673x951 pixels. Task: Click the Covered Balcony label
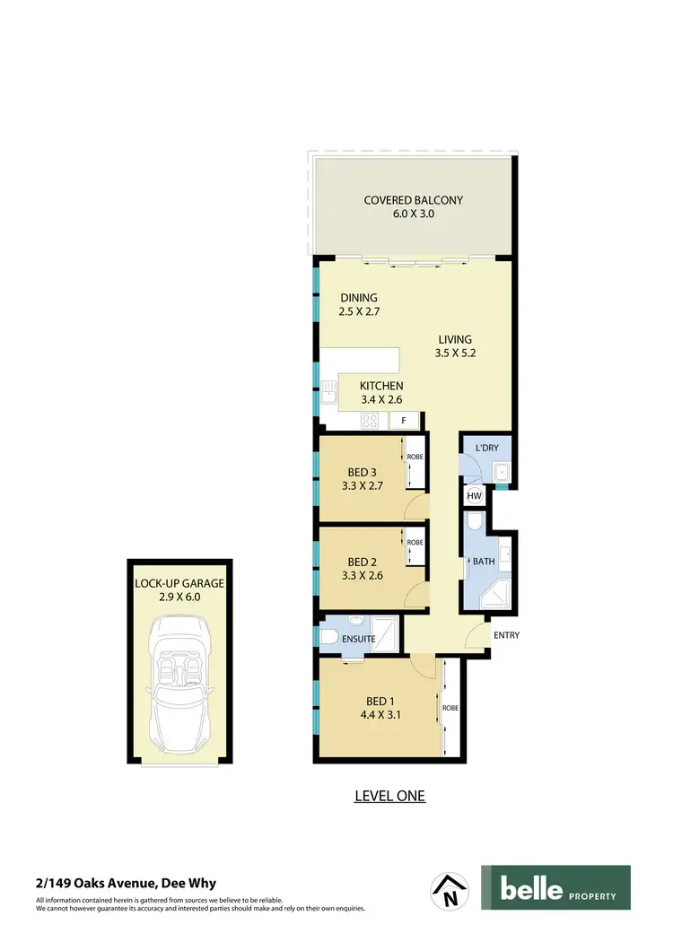pyautogui.click(x=413, y=200)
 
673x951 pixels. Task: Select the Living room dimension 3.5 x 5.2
pyautogui.click(x=455, y=353)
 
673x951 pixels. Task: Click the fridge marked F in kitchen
pyautogui.click(x=404, y=421)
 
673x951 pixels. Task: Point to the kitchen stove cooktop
pyautogui.click(x=371, y=421)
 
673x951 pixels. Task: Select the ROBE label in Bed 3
pyautogui.click(x=415, y=457)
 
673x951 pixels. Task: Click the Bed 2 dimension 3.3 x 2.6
pyautogui.click(x=363, y=576)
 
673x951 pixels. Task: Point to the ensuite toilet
pyautogui.click(x=328, y=637)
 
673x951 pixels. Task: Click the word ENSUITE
pyautogui.click(x=358, y=639)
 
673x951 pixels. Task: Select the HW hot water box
pyautogui.click(x=473, y=495)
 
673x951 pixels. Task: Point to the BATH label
pyautogui.click(x=485, y=562)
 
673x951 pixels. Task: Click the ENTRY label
pyautogui.click(x=506, y=635)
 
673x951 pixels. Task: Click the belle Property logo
pyautogui.click(x=555, y=888)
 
